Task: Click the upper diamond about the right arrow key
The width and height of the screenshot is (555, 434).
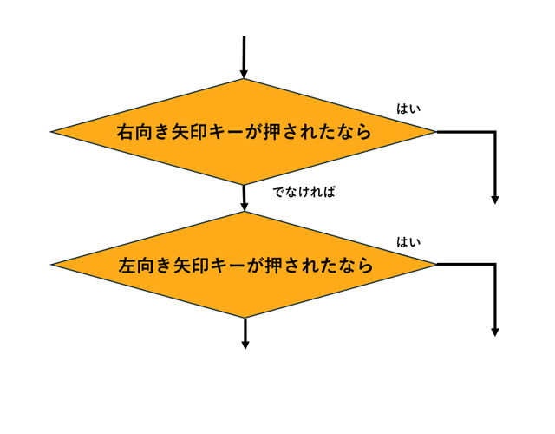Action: pos(243,132)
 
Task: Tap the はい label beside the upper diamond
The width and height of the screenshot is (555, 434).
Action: pos(408,108)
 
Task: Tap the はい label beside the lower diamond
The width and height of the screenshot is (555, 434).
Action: pos(408,242)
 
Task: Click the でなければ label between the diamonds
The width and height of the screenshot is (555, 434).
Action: pos(304,192)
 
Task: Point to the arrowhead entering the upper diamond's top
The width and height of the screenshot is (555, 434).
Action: pos(244,74)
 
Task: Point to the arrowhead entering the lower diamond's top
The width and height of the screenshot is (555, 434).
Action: pos(245,207)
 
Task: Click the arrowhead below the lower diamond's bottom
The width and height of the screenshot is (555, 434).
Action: pos(245,345)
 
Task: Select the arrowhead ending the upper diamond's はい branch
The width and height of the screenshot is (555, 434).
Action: pos(495,200)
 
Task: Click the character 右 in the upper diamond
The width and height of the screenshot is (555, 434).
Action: pos(126,133)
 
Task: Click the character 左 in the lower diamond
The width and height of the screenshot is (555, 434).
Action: pos(127,266)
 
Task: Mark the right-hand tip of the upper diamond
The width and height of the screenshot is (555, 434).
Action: pos(435,132)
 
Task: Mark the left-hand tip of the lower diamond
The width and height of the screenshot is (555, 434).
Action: pos(53,265)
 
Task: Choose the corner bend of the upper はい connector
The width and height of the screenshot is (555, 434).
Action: pos(494,132)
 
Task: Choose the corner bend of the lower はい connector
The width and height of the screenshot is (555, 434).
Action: pos(494,264)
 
